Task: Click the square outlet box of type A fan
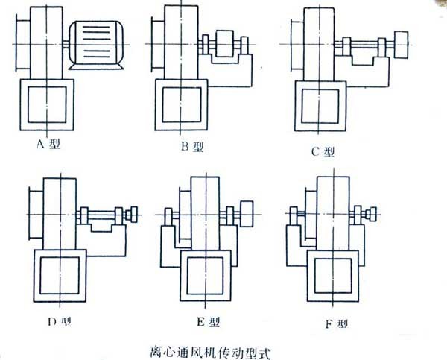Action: [x=47, y=107]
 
